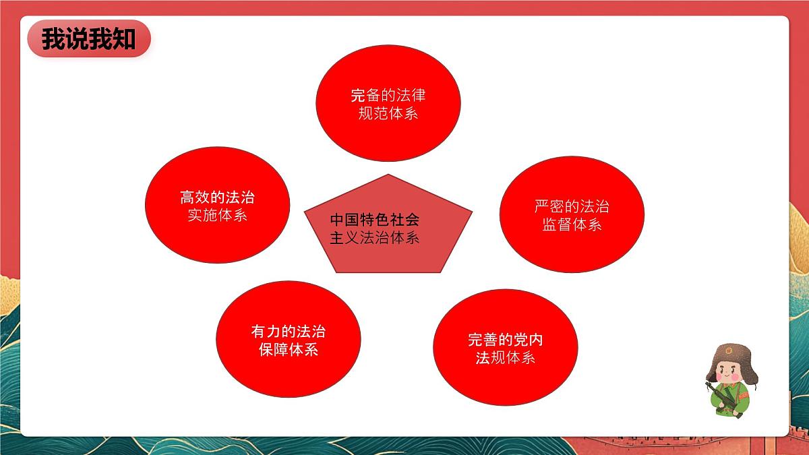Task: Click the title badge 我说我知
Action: (x=88, y=38)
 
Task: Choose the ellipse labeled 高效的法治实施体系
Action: (x=217, y=206)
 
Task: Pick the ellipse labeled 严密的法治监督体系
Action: (x=572, y=214)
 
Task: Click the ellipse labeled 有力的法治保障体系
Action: (x=288, y=340)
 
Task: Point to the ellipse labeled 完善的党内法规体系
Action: (x=505, y=348)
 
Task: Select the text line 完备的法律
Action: (x=388, y=95)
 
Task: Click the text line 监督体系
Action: (x=572, y=224)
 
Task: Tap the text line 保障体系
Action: (x=288, y=350)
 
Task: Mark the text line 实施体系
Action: (x=217, y=216)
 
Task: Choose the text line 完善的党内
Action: (x=505, y=340)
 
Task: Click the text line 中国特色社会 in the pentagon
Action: (x=375, y=220)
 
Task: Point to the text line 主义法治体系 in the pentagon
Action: (x=375, y=238)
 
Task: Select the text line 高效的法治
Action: (x=217, y=198)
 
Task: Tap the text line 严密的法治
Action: (x=572, y=206)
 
